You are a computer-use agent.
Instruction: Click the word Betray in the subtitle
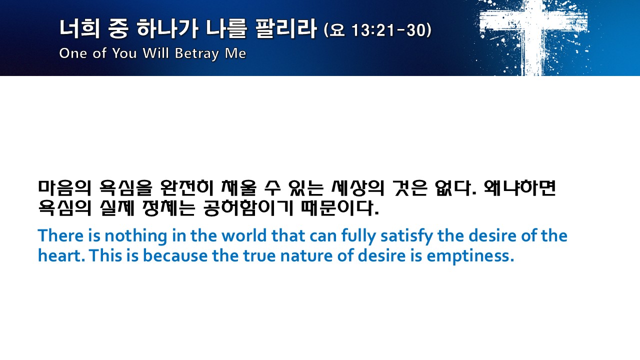pos(197,53)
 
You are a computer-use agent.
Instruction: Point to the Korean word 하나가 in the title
pos(167,28)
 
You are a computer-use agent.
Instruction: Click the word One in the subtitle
pos(73,53)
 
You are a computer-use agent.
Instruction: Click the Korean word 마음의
pos(65,188)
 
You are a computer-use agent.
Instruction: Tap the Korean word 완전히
pos(187,188)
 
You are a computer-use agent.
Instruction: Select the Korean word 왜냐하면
pos(519,188)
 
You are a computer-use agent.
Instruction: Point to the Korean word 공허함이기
pos(248,208)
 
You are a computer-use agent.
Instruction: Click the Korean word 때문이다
pos(340,208)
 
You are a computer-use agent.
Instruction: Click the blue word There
pos(60,235)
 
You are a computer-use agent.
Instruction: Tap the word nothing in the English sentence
pos(135,236)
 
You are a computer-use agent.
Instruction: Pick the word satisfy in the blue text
pos(406,236)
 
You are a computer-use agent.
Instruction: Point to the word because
pos(175,256)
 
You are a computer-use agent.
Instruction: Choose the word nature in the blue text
pos(306,256)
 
